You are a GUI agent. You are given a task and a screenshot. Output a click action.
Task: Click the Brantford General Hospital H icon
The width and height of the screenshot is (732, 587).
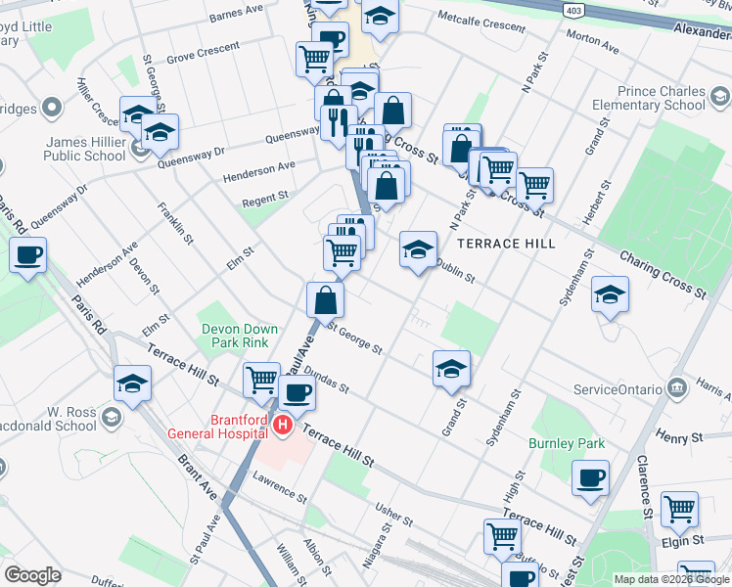pyautogui.click(x=282, y=425)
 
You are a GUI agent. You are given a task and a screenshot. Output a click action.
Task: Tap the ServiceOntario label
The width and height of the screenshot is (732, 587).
pyautogui.click(x=618, y=388)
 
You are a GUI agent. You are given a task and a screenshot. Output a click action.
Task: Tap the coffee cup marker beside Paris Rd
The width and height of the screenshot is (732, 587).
pyautogui.click(x=27, y=256)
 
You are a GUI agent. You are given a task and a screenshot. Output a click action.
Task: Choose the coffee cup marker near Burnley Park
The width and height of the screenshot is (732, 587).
pyautogui.click(x=591, y=479)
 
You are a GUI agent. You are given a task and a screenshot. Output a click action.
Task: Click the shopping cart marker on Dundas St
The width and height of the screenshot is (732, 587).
pyautogui.click(x=261, y=379)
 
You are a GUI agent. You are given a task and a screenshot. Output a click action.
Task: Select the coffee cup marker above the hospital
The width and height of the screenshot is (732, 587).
pyautogui.click(x=297, y=393)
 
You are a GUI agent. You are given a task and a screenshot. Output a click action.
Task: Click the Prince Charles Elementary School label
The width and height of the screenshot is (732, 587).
pyautogui.click(x=656, y=99)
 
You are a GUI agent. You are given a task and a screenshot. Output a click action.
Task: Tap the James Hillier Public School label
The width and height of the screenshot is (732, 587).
pyautogui.click(x=85, y=149)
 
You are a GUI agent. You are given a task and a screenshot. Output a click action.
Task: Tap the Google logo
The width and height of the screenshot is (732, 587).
pyautogui.click(x=32, y=574)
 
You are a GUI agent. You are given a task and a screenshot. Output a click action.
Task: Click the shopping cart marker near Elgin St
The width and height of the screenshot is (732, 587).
pyautogui.click(x=679, y=509)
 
